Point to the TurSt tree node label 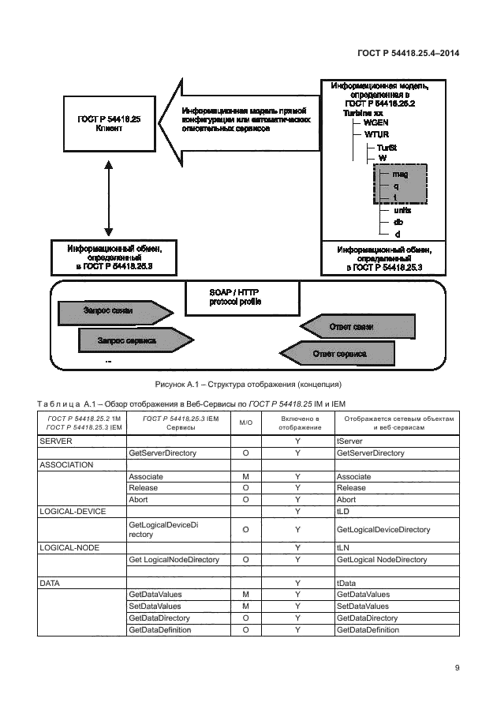point(387,147)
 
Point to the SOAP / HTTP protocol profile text point(236,296)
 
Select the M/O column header point(245,422)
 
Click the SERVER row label point(54,441)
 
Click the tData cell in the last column point(348,583)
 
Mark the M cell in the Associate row point(245,477)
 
